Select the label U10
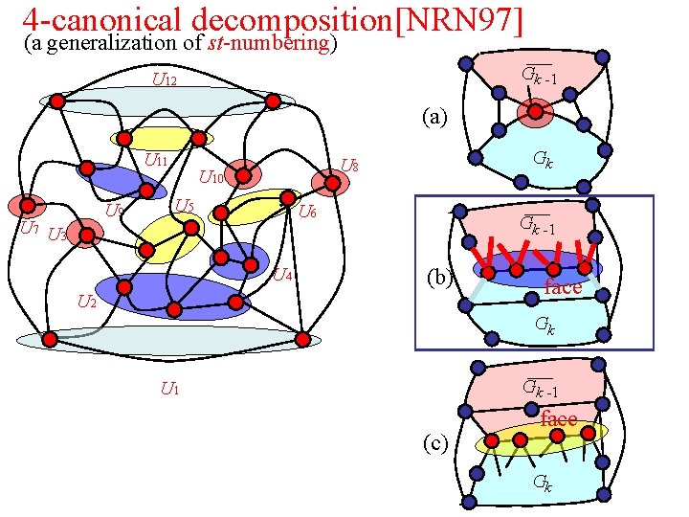pyautogui.click(x=211, y=177)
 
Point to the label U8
pyautogui.click(x=350, y=166)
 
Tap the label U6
pyautogui.click(x=307, y=212)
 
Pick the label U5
pyautogui.click(x=185, y=206)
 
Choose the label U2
pyautogui.click(x=86, y=303)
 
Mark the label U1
pyautogui.click(x=169, y=388)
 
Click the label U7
pyautogui.click(x=30, y=228)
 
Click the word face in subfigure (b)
pyautogui.click(x=563, y=287)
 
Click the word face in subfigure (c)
pyautogui.click(x=559, y=419)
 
